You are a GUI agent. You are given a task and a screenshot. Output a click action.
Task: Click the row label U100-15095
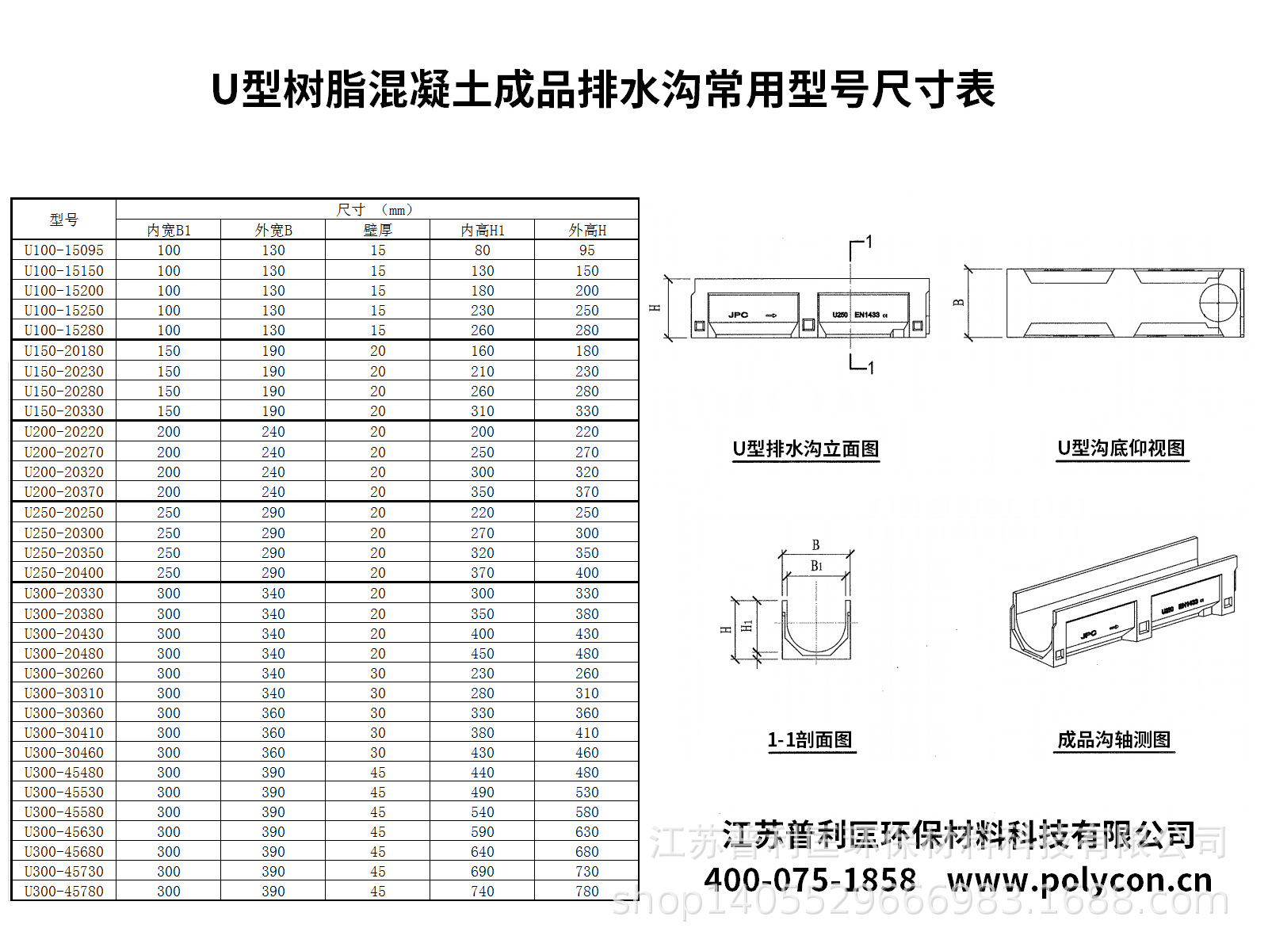(63, 250)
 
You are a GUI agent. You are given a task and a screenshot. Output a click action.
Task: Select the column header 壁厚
(377, 230)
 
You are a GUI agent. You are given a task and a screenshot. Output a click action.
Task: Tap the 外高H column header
(586, 230)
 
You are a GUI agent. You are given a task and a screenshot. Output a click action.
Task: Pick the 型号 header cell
(63, 220)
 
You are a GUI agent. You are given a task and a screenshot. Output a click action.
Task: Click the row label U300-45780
(63, 892)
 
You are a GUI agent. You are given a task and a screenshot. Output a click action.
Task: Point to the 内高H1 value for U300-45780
(482, 892)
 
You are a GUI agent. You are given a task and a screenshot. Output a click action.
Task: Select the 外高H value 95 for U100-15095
(586, 250)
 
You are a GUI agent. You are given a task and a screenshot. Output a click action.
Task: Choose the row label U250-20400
(63, 573)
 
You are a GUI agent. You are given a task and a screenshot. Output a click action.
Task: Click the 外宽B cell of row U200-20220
(273, 432)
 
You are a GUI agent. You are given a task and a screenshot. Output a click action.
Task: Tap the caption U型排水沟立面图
(805, 449)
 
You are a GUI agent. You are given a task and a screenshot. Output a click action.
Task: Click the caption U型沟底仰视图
(1121, 449)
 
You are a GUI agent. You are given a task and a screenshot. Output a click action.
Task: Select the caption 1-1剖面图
(810, 740)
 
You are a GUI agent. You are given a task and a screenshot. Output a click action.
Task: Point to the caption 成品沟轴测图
(1113, 740)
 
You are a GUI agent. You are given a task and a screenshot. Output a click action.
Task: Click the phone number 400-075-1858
(810, 880)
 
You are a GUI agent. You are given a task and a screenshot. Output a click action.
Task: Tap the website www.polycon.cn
(1079, 880)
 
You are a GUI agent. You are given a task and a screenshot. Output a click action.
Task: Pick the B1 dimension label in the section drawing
(816, 566)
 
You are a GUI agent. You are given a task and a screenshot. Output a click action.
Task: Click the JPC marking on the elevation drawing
(738, 315)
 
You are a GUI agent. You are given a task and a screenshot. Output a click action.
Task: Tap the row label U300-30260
(63, 674)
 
